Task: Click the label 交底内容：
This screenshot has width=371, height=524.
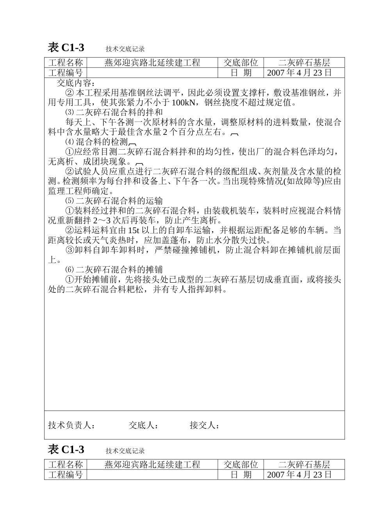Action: point(76,83)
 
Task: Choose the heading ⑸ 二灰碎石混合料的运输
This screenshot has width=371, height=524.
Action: point(114,201)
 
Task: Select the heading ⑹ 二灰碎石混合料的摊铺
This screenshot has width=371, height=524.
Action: point(114,269)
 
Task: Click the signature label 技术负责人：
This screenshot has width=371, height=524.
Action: point(71,425)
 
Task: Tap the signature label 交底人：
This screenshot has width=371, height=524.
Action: point(143,425)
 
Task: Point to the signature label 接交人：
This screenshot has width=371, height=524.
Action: point(205,425)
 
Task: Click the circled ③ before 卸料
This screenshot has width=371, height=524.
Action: point(69,250)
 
